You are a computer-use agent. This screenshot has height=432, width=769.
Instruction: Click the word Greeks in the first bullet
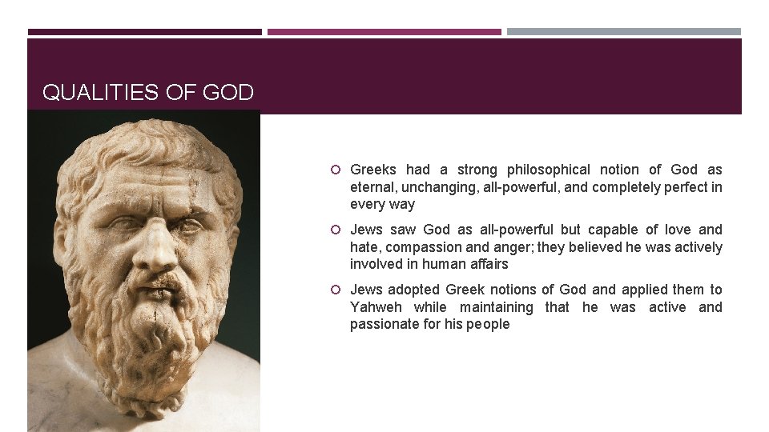tap(373, 170)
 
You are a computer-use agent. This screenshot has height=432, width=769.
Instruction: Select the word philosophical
tap(549, 170)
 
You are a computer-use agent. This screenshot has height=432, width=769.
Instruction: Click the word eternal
tap(372, 187)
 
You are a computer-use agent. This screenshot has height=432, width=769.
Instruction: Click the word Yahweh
tap(376, 307)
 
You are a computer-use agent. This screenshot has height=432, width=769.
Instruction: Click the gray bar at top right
tap(624, 32)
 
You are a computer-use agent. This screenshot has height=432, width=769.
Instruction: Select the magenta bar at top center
tap(384, 32)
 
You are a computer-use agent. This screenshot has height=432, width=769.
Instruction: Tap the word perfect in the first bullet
tap(686, 187)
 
